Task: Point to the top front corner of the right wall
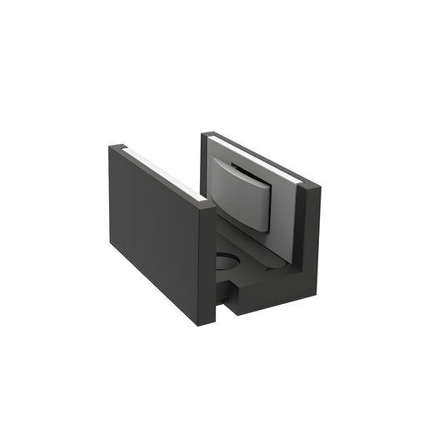pos(313,185)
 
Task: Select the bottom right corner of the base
pos(317,293)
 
